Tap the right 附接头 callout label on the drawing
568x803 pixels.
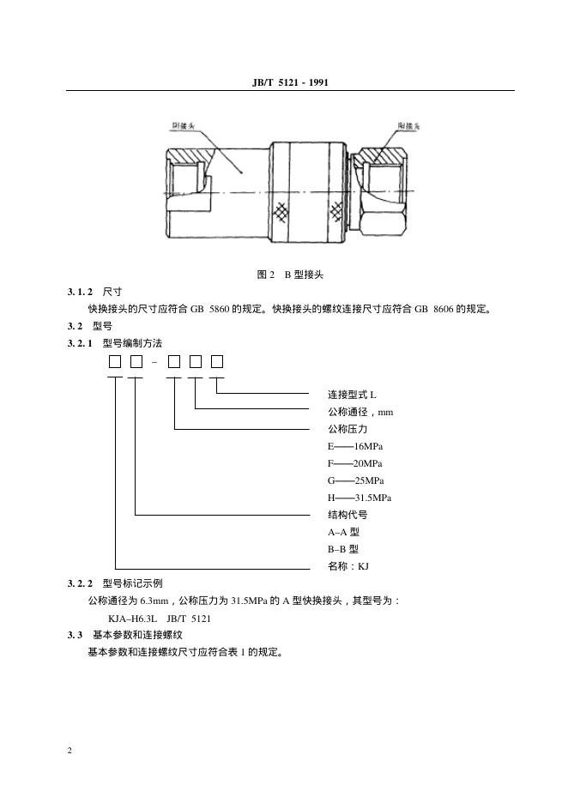(409, 125)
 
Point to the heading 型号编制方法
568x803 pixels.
(132, 343)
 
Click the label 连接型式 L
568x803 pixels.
(352, 395)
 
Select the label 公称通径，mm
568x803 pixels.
(360, 412)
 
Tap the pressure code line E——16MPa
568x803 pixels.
(355, 446)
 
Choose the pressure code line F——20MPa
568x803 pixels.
(355, 463)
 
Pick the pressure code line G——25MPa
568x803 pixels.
(355, 480)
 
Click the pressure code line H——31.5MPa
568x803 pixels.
(360, 498)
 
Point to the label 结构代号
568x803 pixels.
(347, 515)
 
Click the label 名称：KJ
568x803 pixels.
(347, 566)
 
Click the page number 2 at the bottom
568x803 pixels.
(69, 752)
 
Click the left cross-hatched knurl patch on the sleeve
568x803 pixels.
(281, 211)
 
